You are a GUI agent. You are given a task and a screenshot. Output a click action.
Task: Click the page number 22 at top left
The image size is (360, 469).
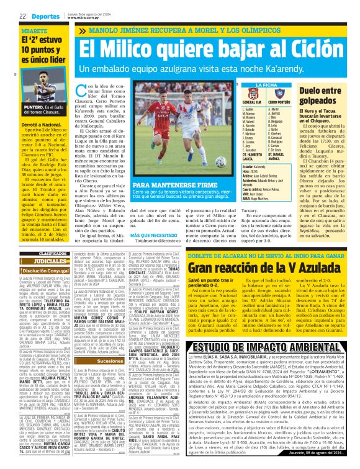tap(22, 16)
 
